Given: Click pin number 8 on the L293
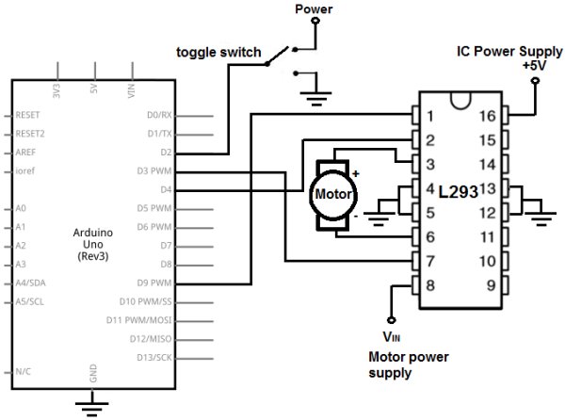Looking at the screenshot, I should coord(430,284).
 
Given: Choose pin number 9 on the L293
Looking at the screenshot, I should coord(488,284).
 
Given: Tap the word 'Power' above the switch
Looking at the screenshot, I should coord(314,9).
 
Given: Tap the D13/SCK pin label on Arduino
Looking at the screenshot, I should coord(153,356).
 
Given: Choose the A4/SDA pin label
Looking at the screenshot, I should coord(34,282).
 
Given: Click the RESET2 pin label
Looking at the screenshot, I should coord(30,134).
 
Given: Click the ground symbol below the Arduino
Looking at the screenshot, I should coord(92,407).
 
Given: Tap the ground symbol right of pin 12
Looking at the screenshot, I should coord(541,218).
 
